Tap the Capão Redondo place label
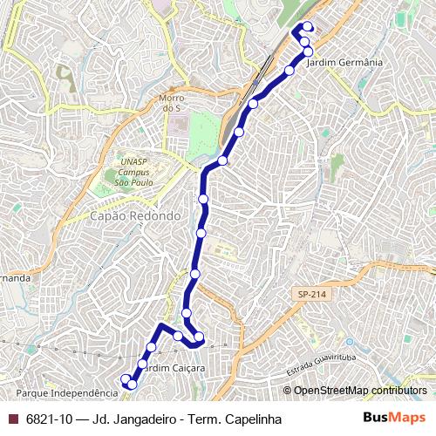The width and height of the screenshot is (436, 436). (135, 215)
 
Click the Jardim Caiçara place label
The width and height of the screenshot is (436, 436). (175, 368)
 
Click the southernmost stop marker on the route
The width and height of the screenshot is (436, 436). (132, 385)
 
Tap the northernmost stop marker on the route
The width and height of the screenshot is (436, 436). (308, 26)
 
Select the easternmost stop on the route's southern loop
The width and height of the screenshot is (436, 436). (199, 337)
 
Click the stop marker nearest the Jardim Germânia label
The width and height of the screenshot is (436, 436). (308, 51)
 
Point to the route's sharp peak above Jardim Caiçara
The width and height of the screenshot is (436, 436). (160, 326)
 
